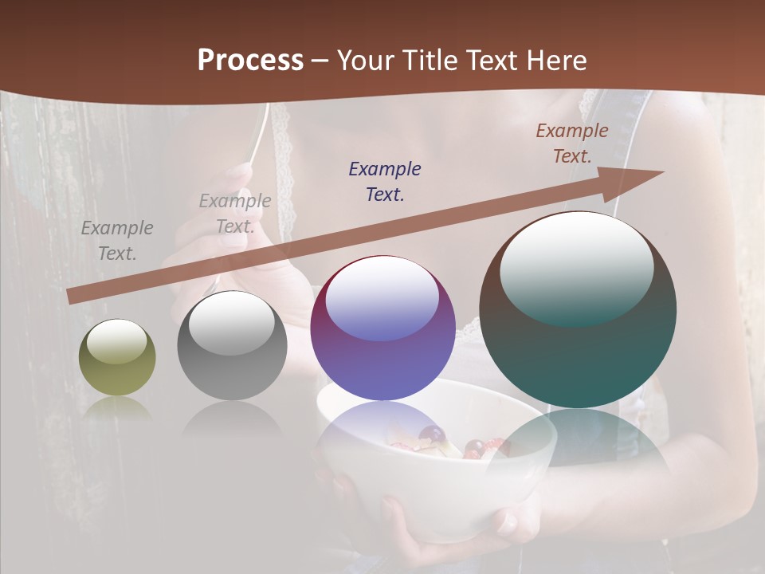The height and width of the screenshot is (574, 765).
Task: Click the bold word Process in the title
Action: tap(250, 61)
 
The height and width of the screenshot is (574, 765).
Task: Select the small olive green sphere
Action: tap(117, 357)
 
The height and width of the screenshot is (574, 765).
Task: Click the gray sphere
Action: tap(232, 346)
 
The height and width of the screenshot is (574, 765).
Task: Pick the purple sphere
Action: tap(382, 328)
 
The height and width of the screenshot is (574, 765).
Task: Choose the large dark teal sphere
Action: tap(578, 311)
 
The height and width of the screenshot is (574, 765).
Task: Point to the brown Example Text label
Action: tap(571, 143)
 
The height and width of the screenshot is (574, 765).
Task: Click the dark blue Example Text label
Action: tap(385, 181)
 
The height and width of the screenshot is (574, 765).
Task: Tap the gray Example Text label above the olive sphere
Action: tap(117, 240)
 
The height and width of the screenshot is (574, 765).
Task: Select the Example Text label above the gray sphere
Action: tap(235, 213)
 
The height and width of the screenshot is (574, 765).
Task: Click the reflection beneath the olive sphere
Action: tap(117, 408)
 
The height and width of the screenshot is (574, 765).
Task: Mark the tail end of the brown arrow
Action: tap(72, 297)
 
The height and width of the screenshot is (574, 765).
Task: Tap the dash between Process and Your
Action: tap(320, 61)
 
